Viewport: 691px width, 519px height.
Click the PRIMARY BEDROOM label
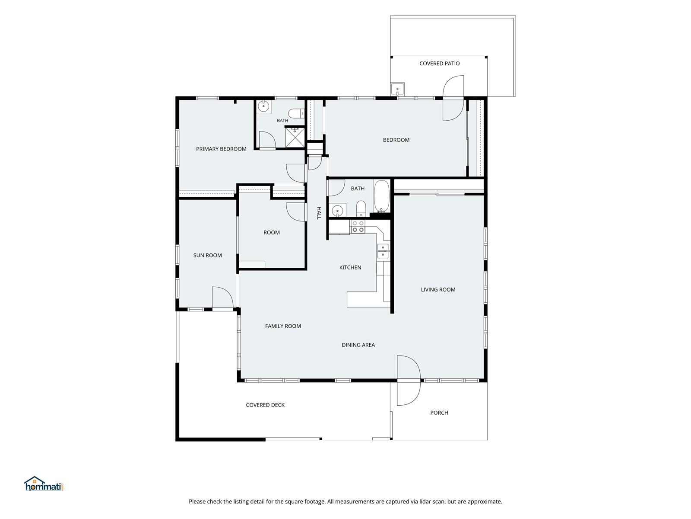(x=221, y=149)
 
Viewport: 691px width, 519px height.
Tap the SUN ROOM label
(x=207, y=255)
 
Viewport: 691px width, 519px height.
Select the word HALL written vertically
(x=319, y=213)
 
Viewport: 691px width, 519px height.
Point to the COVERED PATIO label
(x=440, y=63)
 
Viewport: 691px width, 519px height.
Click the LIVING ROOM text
(x=438, y=290)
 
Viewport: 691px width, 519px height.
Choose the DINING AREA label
(x=358, y=345)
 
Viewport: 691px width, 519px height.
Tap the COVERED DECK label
(x=265, y=405)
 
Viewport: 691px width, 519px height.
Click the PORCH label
(x=439, y=413)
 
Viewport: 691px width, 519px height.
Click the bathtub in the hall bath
(x=381, y=196)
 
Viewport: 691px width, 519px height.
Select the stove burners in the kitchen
(x=358, y=227)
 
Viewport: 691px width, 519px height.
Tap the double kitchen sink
(x=383, y=251)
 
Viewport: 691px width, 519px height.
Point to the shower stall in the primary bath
(x=295, y=137)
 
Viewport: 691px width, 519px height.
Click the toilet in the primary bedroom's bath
(x=296, y=113)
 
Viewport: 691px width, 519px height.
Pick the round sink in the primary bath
(x=263, y=106)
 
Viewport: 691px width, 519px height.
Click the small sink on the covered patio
(x=398, y=89)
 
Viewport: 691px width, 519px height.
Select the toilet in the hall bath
(x=361, y=208)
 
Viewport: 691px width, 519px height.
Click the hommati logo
(x=44, y=484)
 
